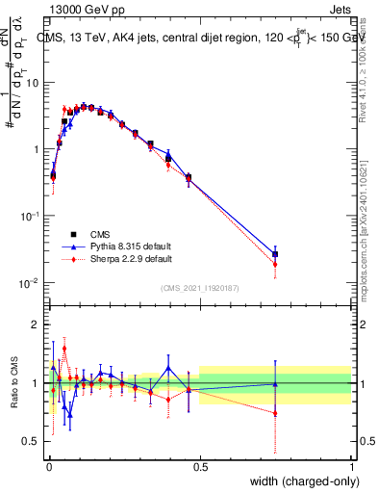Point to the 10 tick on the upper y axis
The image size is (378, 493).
32,83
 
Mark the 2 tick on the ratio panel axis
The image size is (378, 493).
37,324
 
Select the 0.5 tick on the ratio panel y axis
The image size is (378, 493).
32,441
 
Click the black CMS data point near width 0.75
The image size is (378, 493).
275,254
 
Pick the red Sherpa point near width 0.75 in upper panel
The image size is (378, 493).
275,264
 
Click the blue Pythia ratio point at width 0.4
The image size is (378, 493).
168,367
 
